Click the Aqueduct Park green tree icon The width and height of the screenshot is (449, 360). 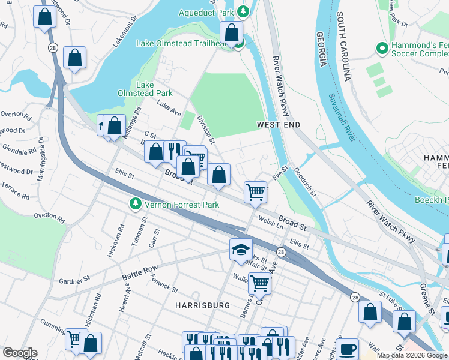[x=243, y=11]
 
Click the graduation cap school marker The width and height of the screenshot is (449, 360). [x=241, y=250]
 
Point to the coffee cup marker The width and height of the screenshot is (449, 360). [x=347, y=350]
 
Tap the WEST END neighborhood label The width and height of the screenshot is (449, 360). [x=278, y=124]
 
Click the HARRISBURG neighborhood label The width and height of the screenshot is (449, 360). [x=203, y=305]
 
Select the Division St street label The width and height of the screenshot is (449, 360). [x=206, y=126]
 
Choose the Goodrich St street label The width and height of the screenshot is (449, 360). [x=305, y=179]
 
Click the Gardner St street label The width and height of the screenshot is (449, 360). [x=74, y=280]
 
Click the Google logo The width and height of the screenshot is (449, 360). [x=20, y=353]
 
